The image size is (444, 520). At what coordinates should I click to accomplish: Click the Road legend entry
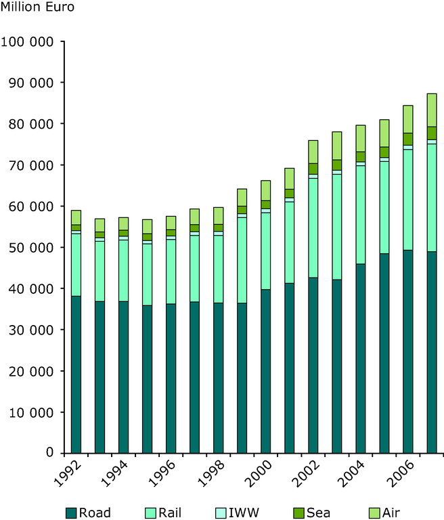(88, 512)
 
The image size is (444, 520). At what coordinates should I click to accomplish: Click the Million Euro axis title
(38, 8)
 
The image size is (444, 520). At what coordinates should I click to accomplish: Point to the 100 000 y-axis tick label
(28, 41)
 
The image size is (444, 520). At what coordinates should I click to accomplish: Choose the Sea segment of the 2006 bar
(408, 139)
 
